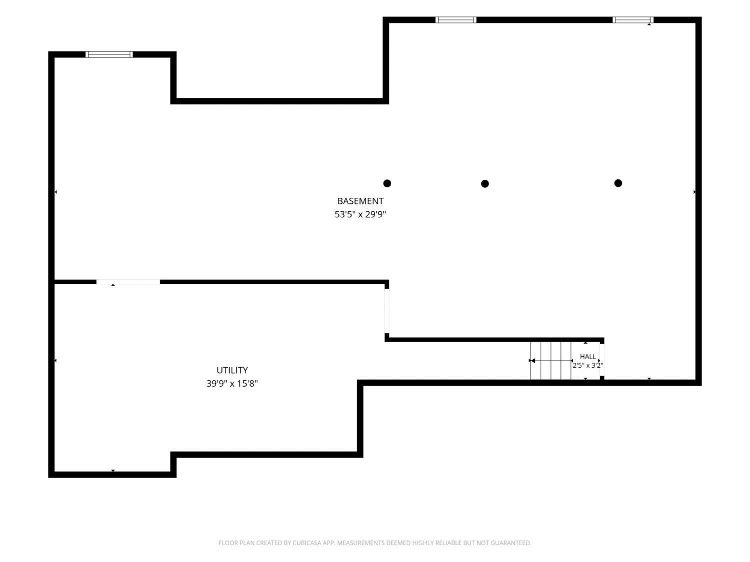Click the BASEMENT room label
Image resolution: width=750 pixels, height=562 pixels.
360,201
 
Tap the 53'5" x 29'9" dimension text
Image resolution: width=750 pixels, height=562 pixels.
360,214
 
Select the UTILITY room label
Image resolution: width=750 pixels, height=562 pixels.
232,370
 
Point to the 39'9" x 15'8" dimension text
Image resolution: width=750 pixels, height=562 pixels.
232,384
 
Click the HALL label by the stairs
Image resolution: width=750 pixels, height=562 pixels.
587,357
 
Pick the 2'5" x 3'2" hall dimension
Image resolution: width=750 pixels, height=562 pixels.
587,366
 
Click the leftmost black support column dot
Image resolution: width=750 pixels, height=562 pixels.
387,183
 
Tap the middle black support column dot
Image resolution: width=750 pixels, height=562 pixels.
485,184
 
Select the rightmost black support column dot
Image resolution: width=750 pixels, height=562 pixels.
618,183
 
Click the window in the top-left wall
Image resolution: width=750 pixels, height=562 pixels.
109,54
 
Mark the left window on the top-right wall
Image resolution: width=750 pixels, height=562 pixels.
456,20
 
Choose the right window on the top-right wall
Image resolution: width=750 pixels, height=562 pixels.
633,20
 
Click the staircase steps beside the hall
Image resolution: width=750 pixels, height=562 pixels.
551,360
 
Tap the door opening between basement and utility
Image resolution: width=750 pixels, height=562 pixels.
128,282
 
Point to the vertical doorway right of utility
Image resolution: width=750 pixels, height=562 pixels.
387,311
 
